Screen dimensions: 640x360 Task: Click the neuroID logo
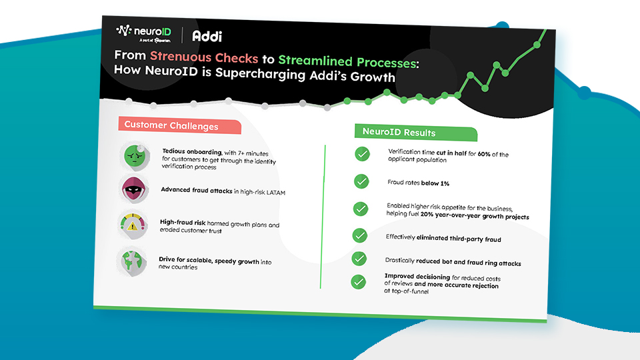click(144, 33)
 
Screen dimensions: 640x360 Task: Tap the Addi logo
click(207, 36)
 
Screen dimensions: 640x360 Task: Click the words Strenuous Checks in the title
click(204, 57)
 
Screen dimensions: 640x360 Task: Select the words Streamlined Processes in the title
click(348, 61)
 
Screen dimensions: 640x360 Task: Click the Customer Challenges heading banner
click(179, 125)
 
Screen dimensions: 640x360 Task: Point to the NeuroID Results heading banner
click(415, 132)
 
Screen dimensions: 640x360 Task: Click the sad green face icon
click(135, 156)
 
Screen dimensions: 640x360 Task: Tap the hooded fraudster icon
click(134, 189)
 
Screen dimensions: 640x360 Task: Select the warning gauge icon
click(132, 224)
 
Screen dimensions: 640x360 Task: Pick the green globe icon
click(131, 261)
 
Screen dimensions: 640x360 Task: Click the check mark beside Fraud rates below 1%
click(361, 181)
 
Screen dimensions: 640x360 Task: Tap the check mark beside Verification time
click(362, 154)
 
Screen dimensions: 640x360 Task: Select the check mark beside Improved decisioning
click(359, 281)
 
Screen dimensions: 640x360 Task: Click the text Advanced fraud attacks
click(197, 190)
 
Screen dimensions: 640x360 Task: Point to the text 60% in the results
click(484, 154)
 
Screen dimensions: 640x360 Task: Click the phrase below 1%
click(435, 183)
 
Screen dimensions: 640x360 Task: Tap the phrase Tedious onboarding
click(192, 151)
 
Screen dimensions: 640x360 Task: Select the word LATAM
click(276, 192)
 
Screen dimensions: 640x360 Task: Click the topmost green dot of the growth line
click(537, 45)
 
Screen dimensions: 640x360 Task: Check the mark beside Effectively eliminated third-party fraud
click(359, 235)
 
